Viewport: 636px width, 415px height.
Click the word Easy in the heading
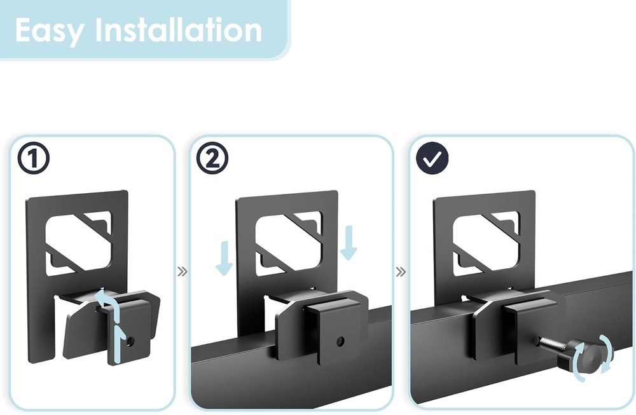50,31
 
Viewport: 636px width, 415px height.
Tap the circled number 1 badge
33,158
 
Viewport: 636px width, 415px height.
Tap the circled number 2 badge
212,158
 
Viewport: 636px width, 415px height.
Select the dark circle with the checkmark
432,158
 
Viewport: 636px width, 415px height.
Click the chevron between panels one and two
183,271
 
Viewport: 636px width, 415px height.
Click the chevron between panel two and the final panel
401,271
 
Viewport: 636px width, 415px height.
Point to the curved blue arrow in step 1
116,324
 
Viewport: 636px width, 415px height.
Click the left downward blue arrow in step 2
224,258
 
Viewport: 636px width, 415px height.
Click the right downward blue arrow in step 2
349,243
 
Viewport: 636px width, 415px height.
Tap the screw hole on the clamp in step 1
130,342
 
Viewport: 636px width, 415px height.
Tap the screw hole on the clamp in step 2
340,341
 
